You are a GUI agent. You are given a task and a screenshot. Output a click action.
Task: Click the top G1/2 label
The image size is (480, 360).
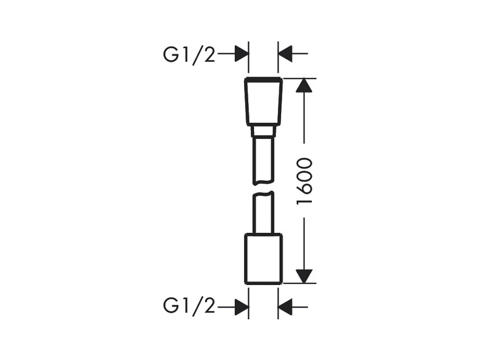189,55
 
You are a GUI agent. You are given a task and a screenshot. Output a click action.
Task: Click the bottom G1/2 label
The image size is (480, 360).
189,306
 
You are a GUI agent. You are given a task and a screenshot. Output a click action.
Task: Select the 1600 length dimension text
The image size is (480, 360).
304,181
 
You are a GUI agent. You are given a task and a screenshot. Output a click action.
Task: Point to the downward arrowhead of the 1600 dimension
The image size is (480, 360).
304,276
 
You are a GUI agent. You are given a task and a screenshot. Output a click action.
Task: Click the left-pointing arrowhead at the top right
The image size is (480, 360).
285,54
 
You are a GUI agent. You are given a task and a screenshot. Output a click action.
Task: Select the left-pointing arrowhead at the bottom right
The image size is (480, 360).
285,306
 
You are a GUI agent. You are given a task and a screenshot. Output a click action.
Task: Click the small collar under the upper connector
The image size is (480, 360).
263,131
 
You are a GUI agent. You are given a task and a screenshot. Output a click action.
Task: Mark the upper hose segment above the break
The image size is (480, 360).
263,159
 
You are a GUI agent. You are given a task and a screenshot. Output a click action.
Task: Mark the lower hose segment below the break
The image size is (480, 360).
263,214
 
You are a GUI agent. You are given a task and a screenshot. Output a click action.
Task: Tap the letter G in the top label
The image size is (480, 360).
171,55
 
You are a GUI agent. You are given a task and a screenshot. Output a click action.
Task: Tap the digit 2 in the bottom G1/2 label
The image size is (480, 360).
208,306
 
